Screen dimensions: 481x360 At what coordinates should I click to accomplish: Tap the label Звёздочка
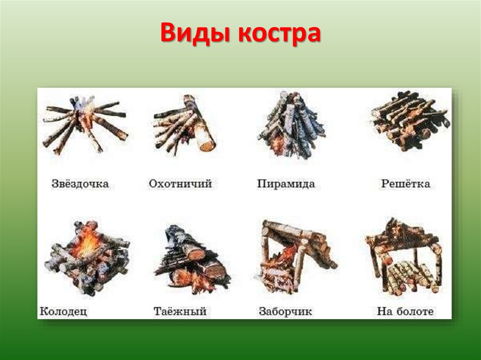[80, 184]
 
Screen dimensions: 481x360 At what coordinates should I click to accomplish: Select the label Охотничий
[180, 184]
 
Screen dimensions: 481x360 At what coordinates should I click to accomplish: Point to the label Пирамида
[286, 184]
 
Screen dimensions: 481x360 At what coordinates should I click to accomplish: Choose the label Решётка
[405, 183]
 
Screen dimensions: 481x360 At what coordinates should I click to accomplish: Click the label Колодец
[63, 311]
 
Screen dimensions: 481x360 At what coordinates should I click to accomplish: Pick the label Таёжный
[180, 311]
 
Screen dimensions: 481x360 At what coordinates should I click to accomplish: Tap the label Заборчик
[285, 311]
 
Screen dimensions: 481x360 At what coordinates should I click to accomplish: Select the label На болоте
[405, 311]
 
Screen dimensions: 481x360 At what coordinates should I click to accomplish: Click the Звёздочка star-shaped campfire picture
[85, 124]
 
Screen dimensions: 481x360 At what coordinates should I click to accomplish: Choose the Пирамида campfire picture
[291, 125]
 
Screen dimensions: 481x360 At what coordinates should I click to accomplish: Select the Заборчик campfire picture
[296, 256]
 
